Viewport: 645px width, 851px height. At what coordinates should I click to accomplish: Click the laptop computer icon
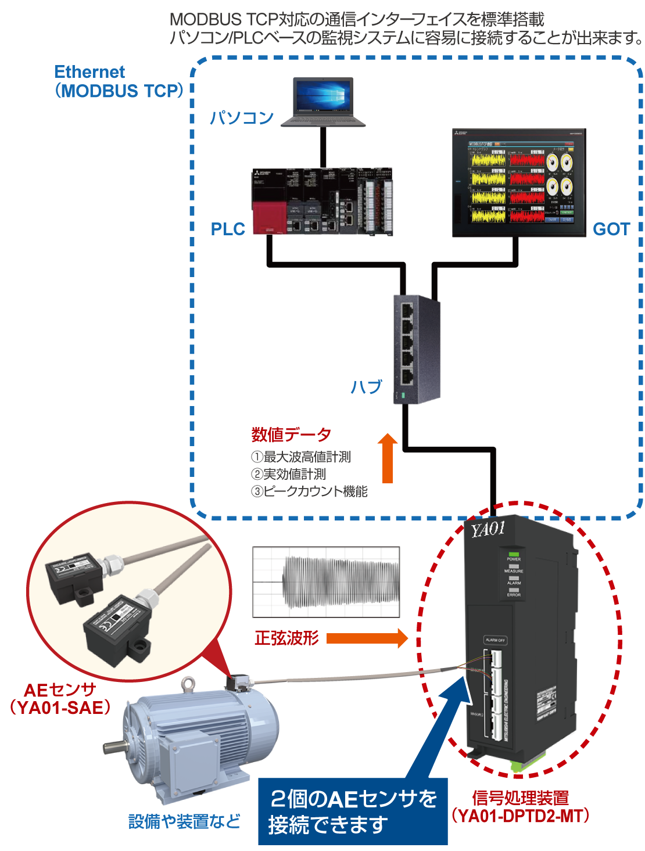(x=324, y=103)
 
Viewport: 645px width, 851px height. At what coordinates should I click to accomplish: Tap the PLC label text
(x=228, y=229)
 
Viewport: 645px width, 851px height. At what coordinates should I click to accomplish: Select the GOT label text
(x=611, y=229)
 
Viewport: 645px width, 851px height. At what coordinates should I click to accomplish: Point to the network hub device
(x=417, y=349)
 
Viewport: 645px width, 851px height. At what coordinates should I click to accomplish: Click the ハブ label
(x=366, y=387)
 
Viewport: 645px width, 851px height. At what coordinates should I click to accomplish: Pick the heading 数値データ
(x=291, y=435)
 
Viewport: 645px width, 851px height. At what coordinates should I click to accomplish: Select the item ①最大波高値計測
(x=300, y=457)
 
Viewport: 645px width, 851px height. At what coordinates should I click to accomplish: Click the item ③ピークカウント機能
(x=309, y=491)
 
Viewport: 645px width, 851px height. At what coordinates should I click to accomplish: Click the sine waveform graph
(x=326, y=581)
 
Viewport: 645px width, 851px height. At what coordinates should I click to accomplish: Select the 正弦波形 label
(x=286, y=638)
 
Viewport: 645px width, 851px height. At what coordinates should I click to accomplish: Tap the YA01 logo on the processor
(x=488, y=529)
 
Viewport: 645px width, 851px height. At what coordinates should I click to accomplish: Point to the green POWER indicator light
(x=513, y=555)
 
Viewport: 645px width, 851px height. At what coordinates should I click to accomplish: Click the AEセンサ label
(x=60, y=690)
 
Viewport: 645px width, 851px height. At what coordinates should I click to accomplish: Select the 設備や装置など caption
(x=184, y=821)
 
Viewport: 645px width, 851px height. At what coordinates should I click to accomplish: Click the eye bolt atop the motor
(x=188, y=684)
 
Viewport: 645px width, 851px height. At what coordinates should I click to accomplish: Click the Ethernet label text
(x=89, y=72)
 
